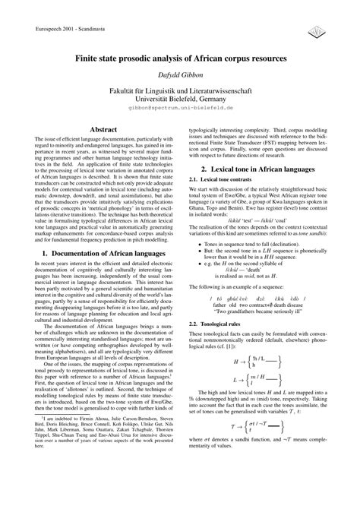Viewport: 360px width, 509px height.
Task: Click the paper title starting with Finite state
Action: [180, 58]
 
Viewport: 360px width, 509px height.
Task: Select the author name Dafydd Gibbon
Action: [180, 74]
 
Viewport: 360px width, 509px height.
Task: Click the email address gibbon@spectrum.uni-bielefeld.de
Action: [180, 108]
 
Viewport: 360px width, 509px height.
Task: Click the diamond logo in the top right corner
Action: [314, 29]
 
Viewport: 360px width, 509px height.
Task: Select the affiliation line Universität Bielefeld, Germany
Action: [180, 98]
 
